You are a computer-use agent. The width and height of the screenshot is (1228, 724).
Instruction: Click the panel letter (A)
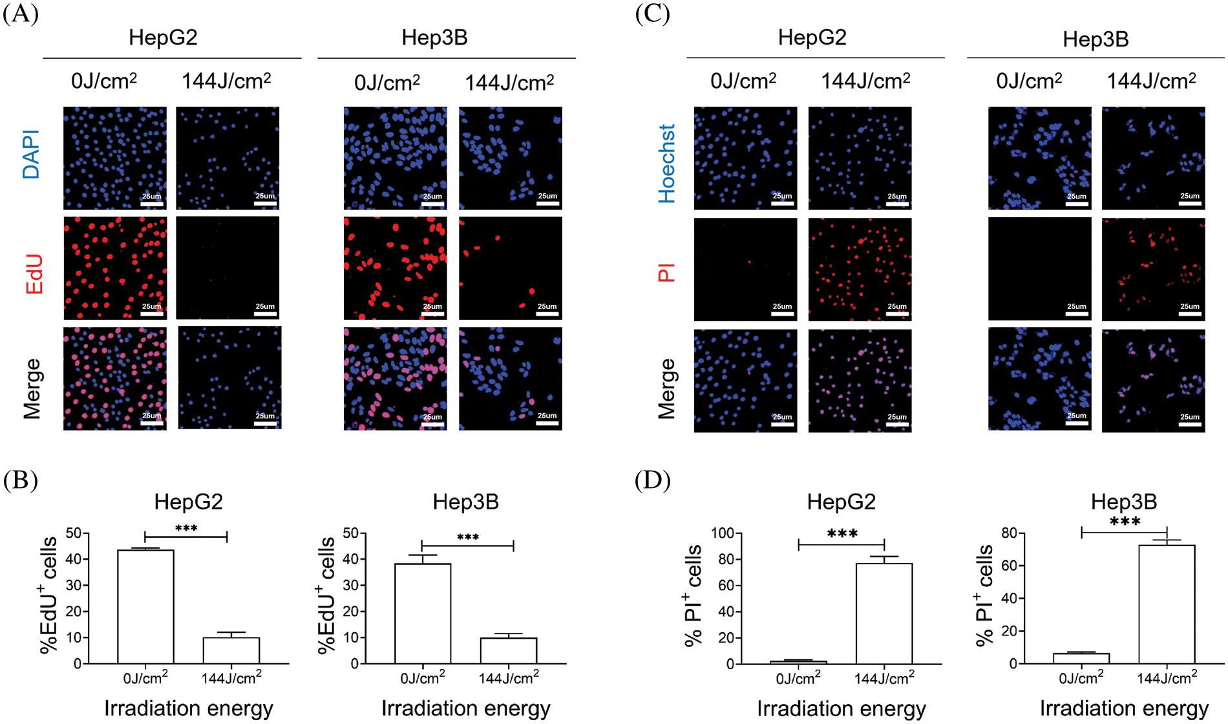tap(20, 14)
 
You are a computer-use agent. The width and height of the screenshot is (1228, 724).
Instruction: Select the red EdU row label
tap(34, 274)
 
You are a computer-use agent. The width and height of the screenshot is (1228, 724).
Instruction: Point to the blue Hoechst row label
tap(666, 164)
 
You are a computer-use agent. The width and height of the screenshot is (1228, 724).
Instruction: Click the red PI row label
tap(666, 272)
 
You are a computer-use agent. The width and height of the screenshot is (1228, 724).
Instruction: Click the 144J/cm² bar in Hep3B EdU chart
tap(509, 650)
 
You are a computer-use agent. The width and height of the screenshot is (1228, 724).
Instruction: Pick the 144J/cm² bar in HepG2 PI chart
tap(884, 613)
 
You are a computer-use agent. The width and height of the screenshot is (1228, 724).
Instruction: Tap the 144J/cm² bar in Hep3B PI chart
tap(1167, 604)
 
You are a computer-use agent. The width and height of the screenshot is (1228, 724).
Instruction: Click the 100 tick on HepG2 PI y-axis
tap(722, 533)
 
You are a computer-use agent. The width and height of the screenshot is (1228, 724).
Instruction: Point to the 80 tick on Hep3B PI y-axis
tap(1009, 533)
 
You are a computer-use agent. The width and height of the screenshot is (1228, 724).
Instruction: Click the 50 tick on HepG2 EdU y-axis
tap(73, 533)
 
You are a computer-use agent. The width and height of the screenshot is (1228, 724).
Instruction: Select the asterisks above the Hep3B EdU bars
tap(468, 537)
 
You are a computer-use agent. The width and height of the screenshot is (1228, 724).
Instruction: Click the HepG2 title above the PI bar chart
tap(841, 502)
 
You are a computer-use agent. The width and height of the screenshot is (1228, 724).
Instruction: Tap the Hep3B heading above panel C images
tap(1096, 39)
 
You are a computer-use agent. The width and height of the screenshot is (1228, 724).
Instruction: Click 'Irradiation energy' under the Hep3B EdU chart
tap(465, 708)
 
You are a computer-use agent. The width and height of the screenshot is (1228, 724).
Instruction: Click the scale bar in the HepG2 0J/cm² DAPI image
tap(152, 204)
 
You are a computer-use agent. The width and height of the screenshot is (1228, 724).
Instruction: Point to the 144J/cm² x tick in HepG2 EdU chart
tap(231, 678)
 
